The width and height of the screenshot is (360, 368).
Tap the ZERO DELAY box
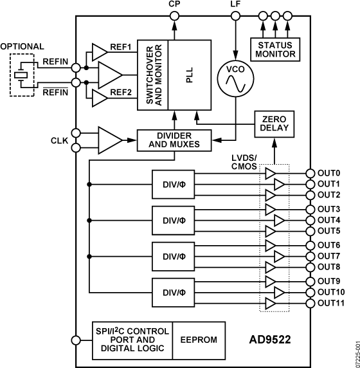pos(274,124)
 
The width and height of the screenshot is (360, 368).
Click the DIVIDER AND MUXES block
pos(174,140)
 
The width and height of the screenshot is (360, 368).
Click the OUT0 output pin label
pos(328,173)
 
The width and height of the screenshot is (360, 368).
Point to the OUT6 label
pos(328,245)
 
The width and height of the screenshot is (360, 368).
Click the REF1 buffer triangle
pos(100,51)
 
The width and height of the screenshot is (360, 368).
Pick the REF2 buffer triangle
pos(100,98)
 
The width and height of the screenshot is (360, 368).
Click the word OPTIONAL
pos(22,46)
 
